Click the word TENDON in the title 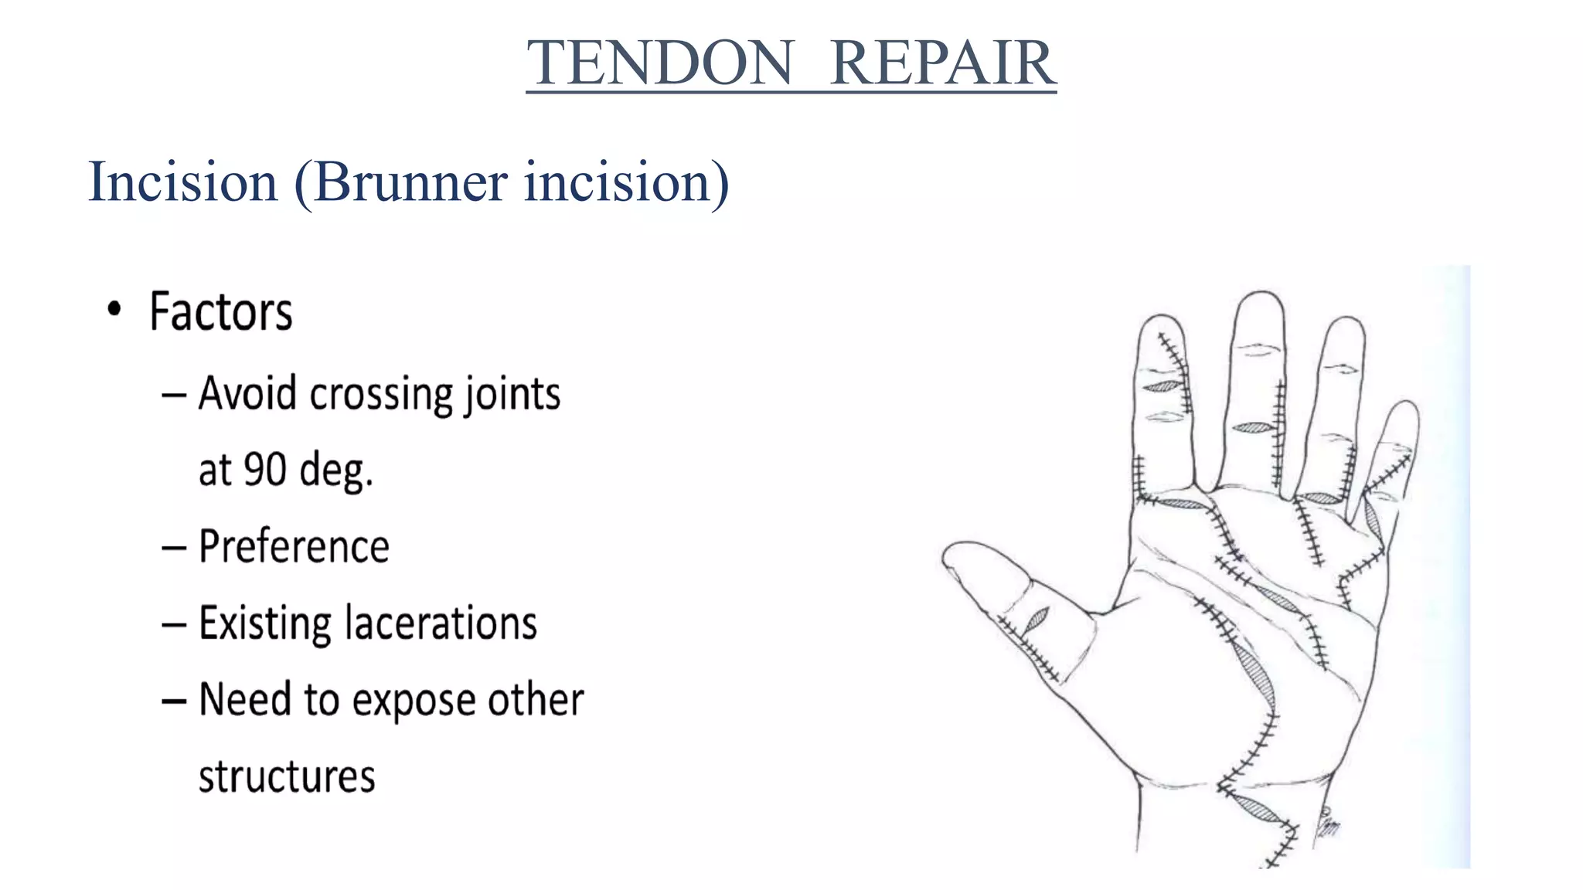[660, 63]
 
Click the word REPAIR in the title [942, 63]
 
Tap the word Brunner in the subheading [410, 182]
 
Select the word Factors [221, 312]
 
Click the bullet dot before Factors [114, 310]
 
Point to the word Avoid [247, 393]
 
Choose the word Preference [294, 546]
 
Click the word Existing [264, 623]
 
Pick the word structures [287, 776]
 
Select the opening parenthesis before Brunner [304, 184]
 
